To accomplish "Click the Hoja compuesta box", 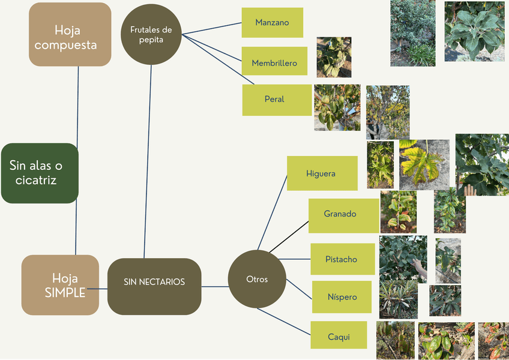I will (70, 34).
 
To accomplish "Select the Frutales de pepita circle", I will (151, 34).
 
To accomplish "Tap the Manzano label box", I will (272, 23).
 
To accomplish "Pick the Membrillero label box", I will (274, 63).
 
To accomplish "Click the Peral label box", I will (274, 100).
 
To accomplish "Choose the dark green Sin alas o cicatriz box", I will (40, 173).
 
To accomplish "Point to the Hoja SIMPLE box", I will (60, 285).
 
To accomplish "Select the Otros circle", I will (257, 279).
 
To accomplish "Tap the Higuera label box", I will (322, 173).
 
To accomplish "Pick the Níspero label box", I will (342, 297).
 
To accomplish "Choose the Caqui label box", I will (339, 336).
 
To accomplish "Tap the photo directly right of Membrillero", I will (334, 57).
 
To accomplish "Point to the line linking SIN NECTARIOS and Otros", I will (214, 286).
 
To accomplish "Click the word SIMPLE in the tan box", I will (65, 293).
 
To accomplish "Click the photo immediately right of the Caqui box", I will (395, 340).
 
